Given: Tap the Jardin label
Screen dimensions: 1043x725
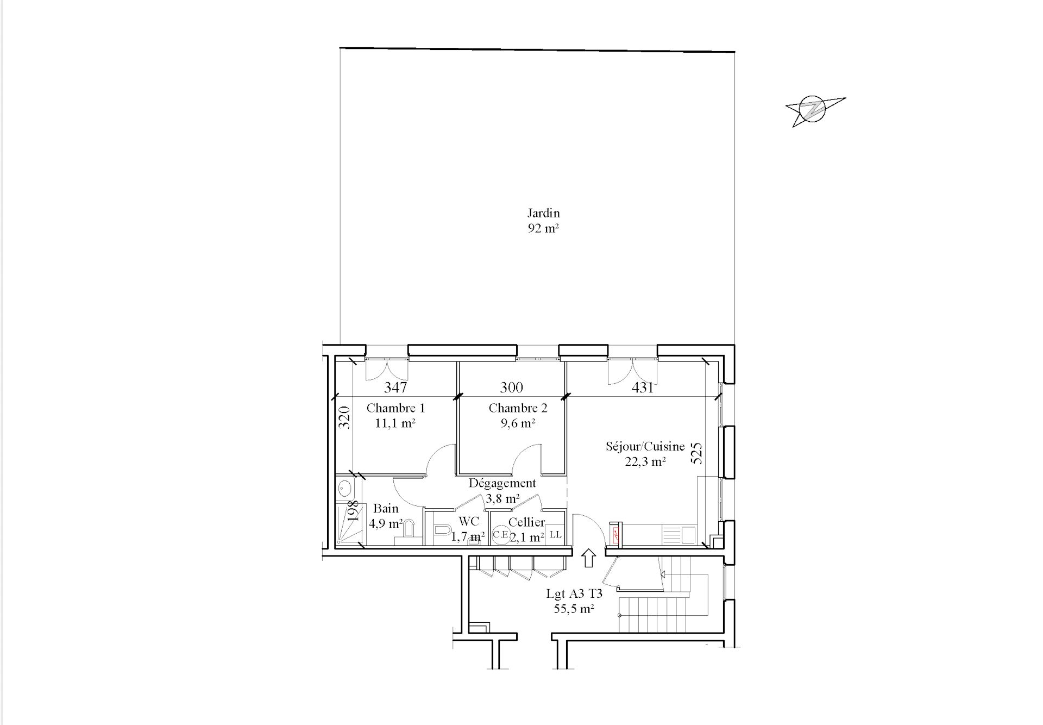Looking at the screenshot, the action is coord(543,213).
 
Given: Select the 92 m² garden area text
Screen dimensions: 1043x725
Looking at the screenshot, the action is coord(543,228).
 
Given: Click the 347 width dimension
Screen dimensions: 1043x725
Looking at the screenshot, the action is coord(395,387).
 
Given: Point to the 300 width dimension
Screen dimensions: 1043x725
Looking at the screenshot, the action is coord(511,387).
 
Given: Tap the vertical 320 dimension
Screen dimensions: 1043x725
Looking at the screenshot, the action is coord(345,418).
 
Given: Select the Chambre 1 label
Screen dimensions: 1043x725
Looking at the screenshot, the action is coord(395,408).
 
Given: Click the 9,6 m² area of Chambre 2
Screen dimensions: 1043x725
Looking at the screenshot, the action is coord(518,423).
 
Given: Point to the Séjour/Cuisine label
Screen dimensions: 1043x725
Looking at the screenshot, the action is coord(645,447).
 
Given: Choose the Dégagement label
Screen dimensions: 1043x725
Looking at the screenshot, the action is coord(502,483).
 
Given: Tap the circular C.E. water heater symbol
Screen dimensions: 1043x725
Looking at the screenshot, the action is coord(500,534).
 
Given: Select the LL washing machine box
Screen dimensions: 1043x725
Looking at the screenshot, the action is coord(555,534).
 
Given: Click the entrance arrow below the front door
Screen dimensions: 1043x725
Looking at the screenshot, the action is coord(588,558).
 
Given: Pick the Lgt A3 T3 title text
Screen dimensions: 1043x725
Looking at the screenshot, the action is coord(574,594).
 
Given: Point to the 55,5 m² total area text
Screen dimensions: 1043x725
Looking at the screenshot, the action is coord(574,609).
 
